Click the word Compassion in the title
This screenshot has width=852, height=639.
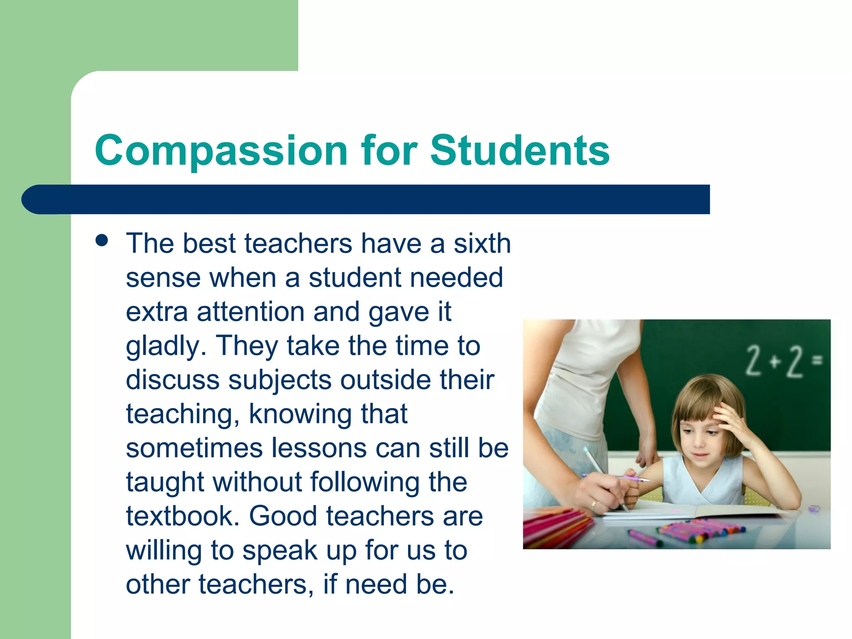coord(221,151)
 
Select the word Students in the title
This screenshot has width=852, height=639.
coord(520,151)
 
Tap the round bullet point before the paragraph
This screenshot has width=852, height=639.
coord(102,240)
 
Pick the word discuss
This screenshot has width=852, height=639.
coord(172,380)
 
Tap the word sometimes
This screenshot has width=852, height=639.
coord(194,448)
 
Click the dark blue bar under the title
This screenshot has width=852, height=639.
coord(366,199)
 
